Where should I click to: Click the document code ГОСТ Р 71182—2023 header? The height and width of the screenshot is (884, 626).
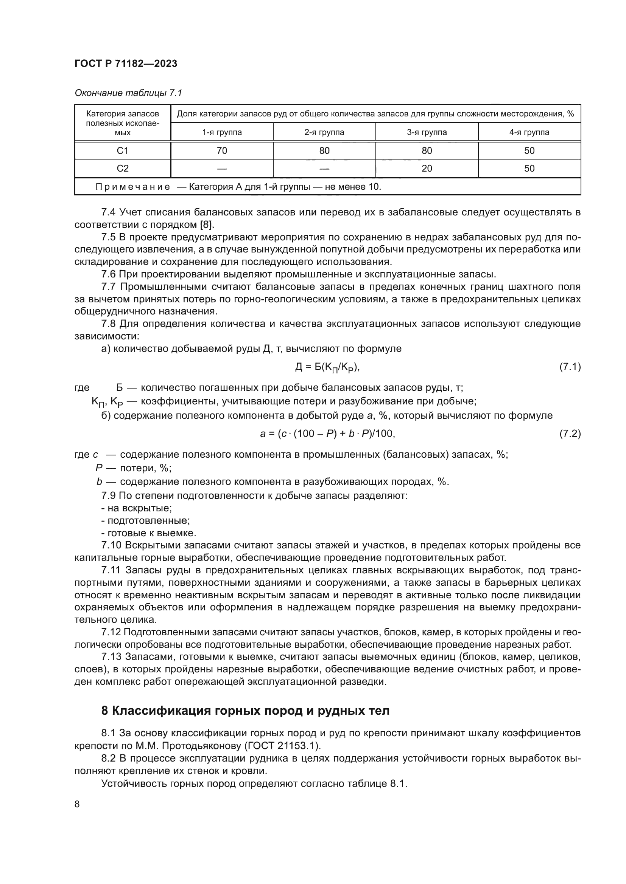[126, 63]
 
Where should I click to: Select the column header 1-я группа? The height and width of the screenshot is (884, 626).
[222, 132]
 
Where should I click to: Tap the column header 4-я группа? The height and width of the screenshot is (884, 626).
[529, 132]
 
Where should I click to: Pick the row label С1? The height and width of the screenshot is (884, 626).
[123, 150]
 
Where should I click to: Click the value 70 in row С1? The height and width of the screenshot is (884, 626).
[222, 150]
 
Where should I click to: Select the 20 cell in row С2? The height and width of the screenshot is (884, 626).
[427, 168]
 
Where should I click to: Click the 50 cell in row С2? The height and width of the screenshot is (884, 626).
[529, 168]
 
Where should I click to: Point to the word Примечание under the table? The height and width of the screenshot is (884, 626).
[132, 187]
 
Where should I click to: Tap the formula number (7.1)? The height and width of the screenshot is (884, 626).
[570, 367]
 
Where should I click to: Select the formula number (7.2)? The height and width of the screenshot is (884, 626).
[570, 434]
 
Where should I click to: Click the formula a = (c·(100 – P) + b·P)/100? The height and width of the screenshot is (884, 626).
[328, 434]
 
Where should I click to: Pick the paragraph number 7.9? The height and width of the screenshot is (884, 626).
[108, 495]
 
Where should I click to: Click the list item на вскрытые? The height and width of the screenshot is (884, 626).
[137, 508]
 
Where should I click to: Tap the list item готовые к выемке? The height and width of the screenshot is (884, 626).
[149, 533]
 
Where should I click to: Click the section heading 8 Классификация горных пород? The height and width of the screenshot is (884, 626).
[245, 711]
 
